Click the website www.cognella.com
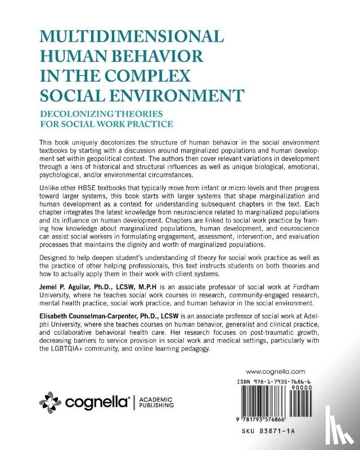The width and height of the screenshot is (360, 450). click(x=276, y=372)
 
